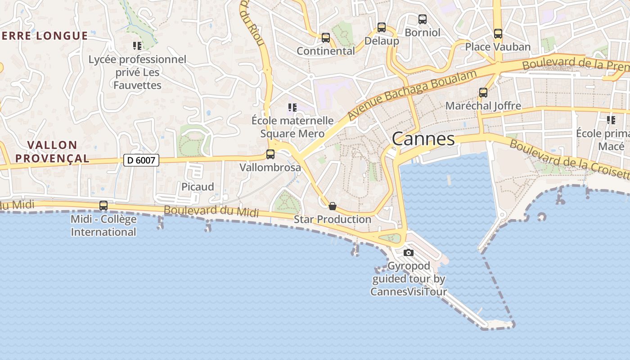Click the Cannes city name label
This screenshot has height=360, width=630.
click(423, 139)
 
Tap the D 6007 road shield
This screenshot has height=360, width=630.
click(141, 160)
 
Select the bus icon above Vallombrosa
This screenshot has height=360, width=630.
click(270, 154)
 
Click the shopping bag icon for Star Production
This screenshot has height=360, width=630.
click(333, 206)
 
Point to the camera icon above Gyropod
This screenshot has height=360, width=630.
click(409, 253)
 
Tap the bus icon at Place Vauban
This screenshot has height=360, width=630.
click(498, 34)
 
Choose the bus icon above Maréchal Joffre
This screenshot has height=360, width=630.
click(483, 93)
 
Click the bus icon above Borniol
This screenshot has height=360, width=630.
click(423, 19)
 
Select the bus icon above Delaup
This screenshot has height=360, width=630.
click(382, 27)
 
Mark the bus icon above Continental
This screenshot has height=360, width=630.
click(326, 38)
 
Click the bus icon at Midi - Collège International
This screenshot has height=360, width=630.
click(103, 206)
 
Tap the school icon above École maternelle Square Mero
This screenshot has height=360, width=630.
click(292, 108)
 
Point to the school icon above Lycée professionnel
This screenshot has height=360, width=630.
click(137, 46)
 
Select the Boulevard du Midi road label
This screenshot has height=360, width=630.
click(211, 211)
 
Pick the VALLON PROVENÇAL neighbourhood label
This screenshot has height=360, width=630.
click(58, 152)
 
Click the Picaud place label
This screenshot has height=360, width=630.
click(198, 187)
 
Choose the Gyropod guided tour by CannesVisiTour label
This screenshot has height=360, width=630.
click(409, 279)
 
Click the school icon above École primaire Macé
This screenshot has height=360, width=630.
click(611, 120)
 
